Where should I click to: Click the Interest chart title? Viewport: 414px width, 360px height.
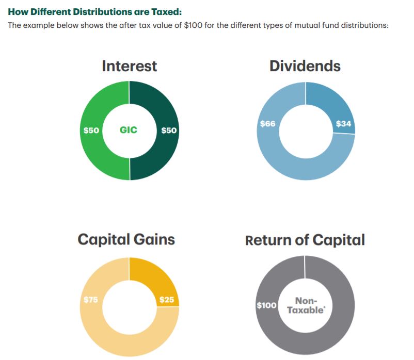click(x=130, y=66)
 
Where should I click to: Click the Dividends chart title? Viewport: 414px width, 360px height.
click(x=305, y=66)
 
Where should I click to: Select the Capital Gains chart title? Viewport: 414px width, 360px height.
click(x=126, y=239)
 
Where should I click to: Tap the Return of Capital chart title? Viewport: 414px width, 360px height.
click(x=305, y=240)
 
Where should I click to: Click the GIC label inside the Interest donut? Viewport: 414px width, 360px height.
click(x=129, y=130)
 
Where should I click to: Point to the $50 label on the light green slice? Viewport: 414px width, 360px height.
click(x=91, y=130)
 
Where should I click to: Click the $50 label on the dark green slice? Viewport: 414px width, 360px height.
click(x=169, y=130)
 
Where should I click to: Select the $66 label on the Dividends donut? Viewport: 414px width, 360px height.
click(x=268, y=124)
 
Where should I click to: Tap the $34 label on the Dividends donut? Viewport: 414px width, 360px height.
click(x=343, y=124)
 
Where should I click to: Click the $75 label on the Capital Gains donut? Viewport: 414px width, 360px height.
click(x=91, y=300)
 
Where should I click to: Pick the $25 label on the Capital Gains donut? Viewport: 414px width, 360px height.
click(x=167, y=300)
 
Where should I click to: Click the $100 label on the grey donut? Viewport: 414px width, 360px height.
click(x=267, y=305)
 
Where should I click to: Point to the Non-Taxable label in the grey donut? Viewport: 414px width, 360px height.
click(x=306, y=305)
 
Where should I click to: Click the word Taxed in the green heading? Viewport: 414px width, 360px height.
click(x=165, y=12)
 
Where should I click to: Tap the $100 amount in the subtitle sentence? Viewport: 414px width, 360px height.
click(x=193, y=25)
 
